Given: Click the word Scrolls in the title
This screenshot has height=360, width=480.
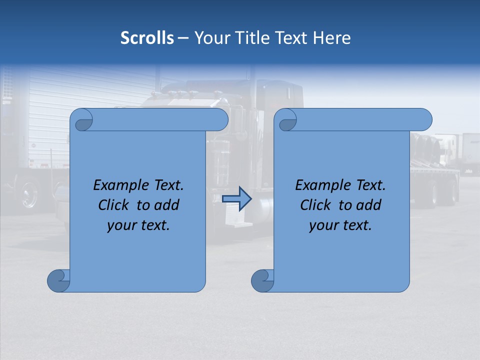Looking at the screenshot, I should coord(147,38).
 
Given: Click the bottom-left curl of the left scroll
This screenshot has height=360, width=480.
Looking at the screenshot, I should coord(58,280).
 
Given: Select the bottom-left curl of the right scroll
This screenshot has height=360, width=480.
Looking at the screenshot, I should coord(262,280).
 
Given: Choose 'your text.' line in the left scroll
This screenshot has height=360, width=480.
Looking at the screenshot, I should coord(138,225).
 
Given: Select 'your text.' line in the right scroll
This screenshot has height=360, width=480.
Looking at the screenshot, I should coord(340,225).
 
